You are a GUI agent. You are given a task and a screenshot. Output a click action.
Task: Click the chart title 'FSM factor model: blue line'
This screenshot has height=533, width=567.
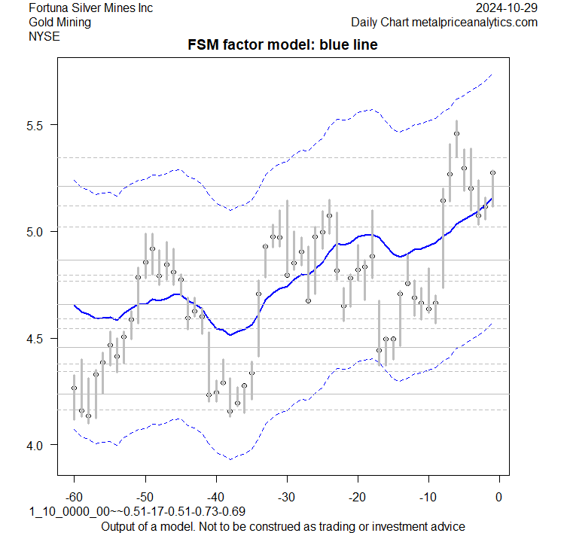click(x=282, y=46)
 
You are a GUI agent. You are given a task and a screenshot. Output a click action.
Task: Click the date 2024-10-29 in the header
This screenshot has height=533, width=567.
click(x=507, y=8)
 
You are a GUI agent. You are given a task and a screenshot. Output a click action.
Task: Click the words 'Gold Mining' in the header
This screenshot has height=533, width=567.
click(x=59, y=22)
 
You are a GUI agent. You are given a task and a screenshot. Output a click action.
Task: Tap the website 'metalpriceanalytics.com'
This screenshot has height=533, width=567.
click(x=474, y=22)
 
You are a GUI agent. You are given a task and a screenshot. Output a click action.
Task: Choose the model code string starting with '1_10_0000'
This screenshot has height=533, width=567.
click(x=139, y=512)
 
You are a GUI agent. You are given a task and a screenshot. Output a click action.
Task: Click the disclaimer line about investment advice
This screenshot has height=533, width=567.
click(x=282, y=525)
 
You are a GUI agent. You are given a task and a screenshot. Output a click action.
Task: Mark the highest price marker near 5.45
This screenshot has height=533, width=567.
click(x=456, y=134)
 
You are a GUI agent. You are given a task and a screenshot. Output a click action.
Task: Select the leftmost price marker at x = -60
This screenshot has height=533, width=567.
click(x=74, y=388)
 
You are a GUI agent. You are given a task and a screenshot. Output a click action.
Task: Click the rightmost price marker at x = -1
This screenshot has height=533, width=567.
click(x=492, y=172)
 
